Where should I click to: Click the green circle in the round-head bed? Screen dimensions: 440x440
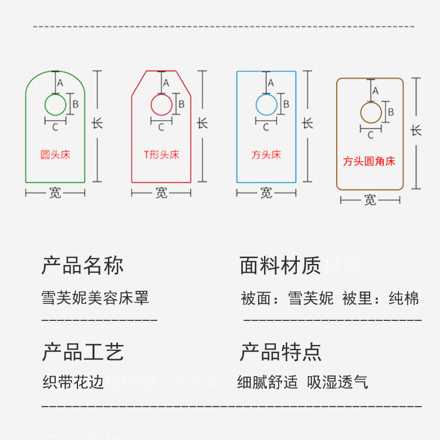coord(56,105)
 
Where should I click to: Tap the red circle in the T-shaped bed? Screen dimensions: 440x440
coord(161,105)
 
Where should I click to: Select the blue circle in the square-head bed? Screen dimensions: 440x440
coord(266,105)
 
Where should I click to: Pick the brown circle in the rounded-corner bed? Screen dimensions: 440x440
coord(371,113)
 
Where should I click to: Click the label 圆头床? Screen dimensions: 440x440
coord(55,155)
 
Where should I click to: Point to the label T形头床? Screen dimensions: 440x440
coord(161,155)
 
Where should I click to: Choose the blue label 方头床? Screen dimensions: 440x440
coord(266,155)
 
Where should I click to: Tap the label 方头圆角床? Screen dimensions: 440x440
coord(369,161)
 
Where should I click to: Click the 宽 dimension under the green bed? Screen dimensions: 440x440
coord(55,192)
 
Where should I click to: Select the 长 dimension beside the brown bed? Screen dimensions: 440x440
coord(416,130)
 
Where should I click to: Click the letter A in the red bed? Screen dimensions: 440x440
coord(166,83)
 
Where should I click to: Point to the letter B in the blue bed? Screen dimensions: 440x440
coord(286,104)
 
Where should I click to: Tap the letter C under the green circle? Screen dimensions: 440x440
coord(55,127)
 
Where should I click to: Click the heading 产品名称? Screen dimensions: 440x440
coord(83,266)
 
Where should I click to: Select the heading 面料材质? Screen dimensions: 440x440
coord(280,266)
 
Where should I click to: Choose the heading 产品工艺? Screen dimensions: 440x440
coord(83,352)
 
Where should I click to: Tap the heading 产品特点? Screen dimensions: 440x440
coord(280,352)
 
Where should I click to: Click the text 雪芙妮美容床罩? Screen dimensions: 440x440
coord(96,297)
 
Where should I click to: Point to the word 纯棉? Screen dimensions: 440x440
coord(404,298)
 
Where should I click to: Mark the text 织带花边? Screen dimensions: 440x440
coord(73,383)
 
